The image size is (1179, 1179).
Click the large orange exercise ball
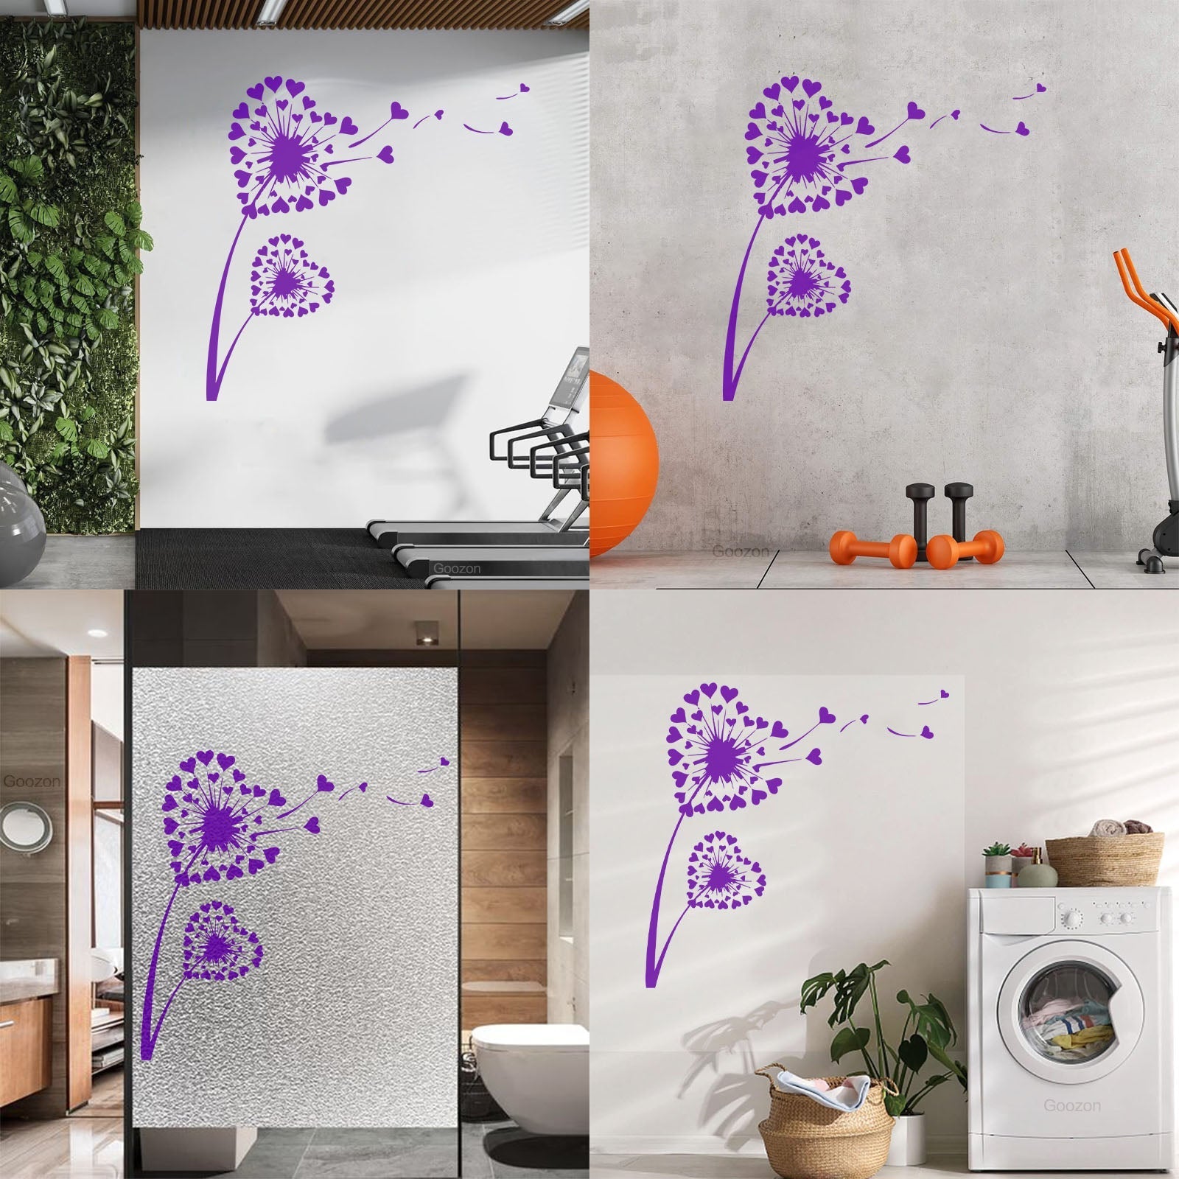point(622,463)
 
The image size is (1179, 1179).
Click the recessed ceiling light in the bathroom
point(425,633)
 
